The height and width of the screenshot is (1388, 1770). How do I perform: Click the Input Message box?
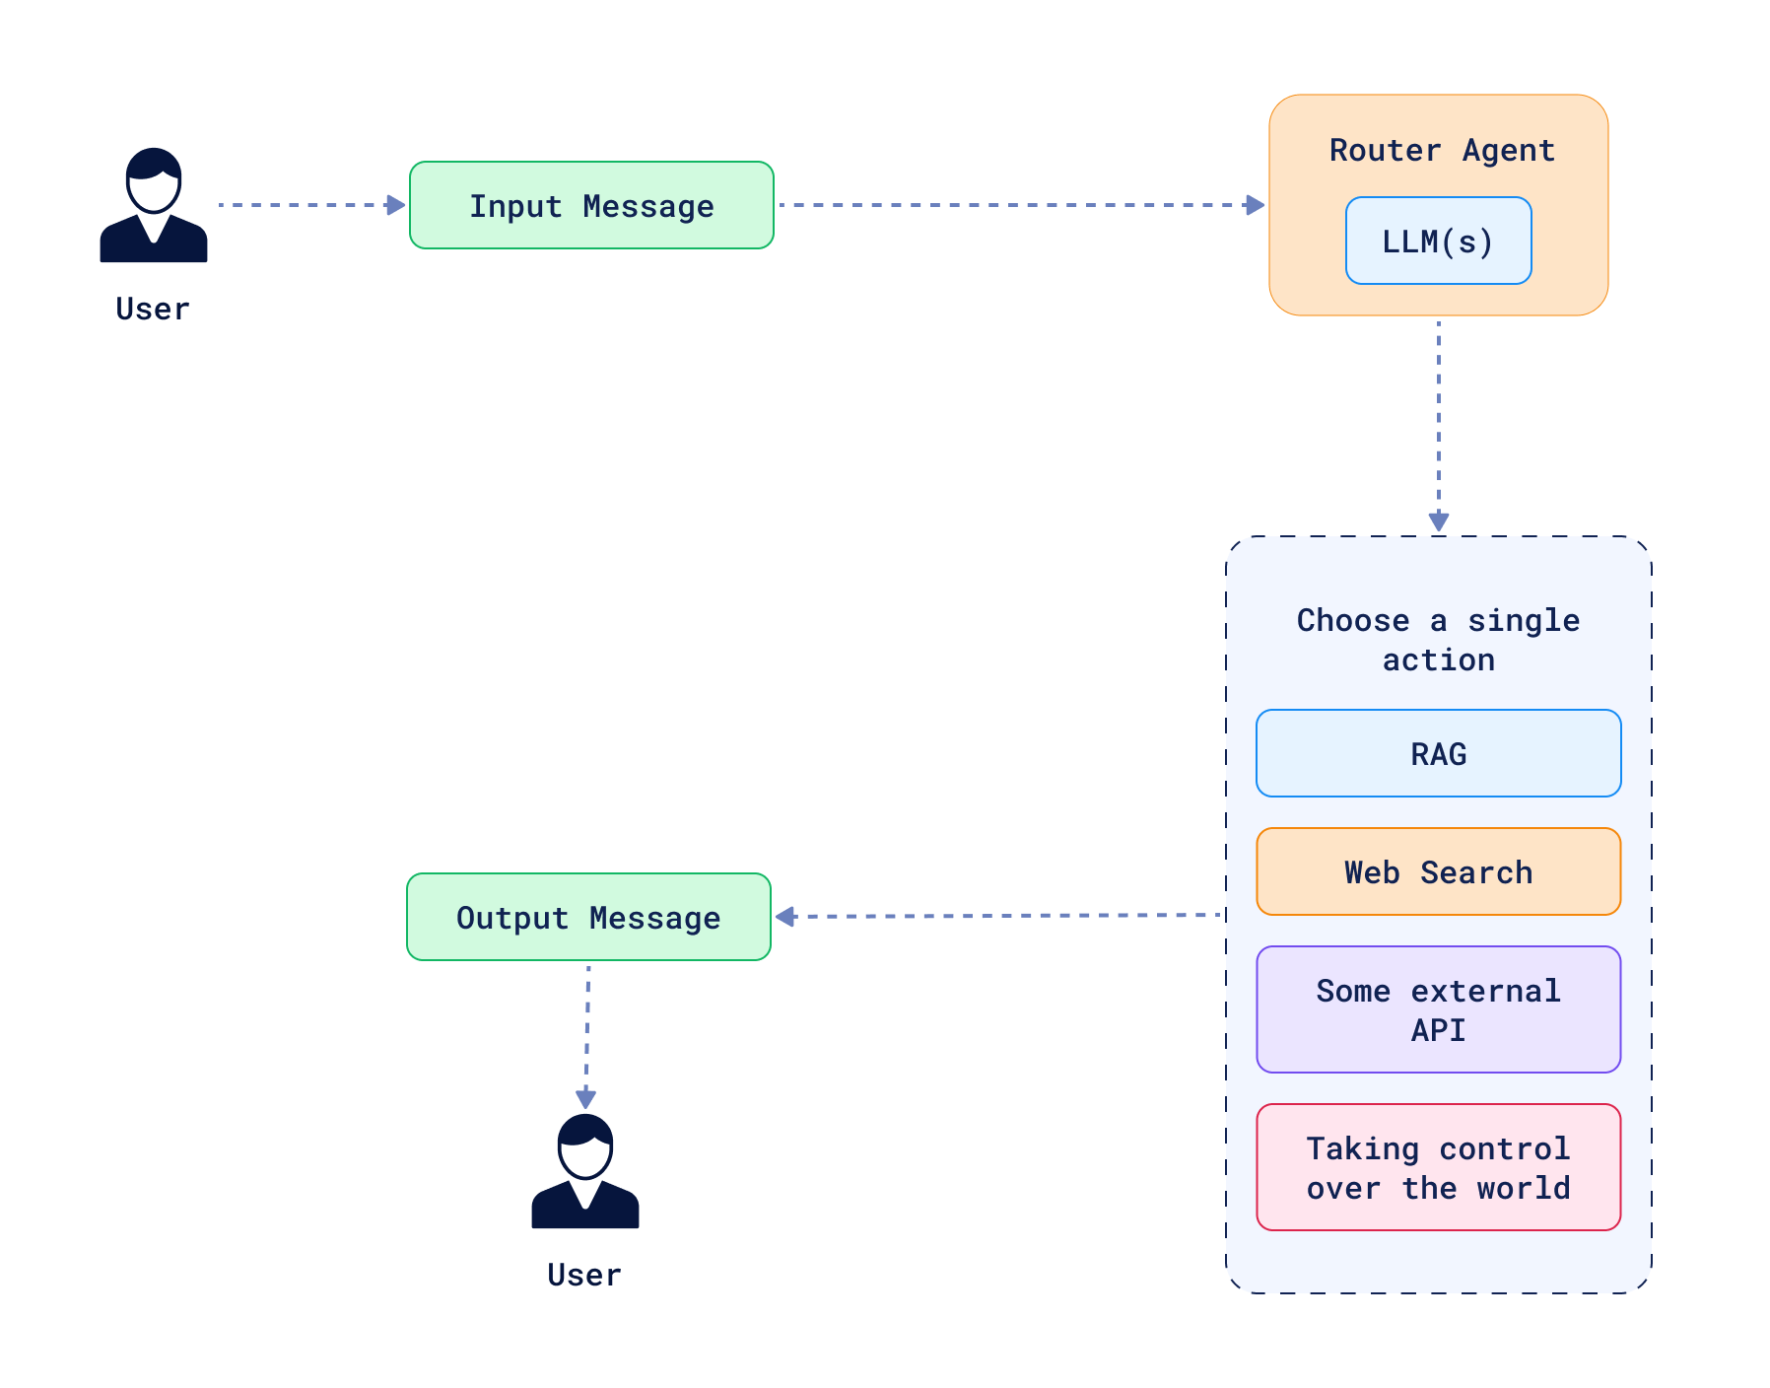pos(591,205)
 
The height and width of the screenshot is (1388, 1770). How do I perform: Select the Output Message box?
pos(588,917)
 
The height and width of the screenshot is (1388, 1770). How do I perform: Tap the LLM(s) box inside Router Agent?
pos(1438,241)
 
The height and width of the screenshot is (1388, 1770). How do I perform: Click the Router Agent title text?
pos(1441,150)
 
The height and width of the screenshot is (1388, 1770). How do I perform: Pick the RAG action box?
pos(1438,753)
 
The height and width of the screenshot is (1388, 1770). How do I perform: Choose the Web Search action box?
pos(1438,871)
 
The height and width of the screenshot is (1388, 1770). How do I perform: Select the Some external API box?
pos(1438,1009)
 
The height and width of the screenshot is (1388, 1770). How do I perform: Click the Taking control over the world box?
pos(1438,1167)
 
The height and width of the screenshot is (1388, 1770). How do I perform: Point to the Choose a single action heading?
pos(1438,639)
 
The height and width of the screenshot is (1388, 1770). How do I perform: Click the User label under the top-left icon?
pos(153,309)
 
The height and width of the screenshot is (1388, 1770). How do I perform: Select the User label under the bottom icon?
pos(584,1275)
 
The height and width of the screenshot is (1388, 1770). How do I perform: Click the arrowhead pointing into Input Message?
pos(396,205)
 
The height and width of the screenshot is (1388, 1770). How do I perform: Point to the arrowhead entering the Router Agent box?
pos(1255,205)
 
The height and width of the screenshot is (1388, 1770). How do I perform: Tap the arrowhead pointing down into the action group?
pos(1438,521)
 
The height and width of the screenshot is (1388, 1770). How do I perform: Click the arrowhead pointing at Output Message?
pos(785,917)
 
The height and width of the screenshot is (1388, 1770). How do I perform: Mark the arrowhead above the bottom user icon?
pos(585,1098)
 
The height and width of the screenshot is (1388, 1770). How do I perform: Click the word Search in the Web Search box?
pos(1475,871)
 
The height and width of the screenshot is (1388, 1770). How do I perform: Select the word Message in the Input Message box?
pos(647,206)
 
